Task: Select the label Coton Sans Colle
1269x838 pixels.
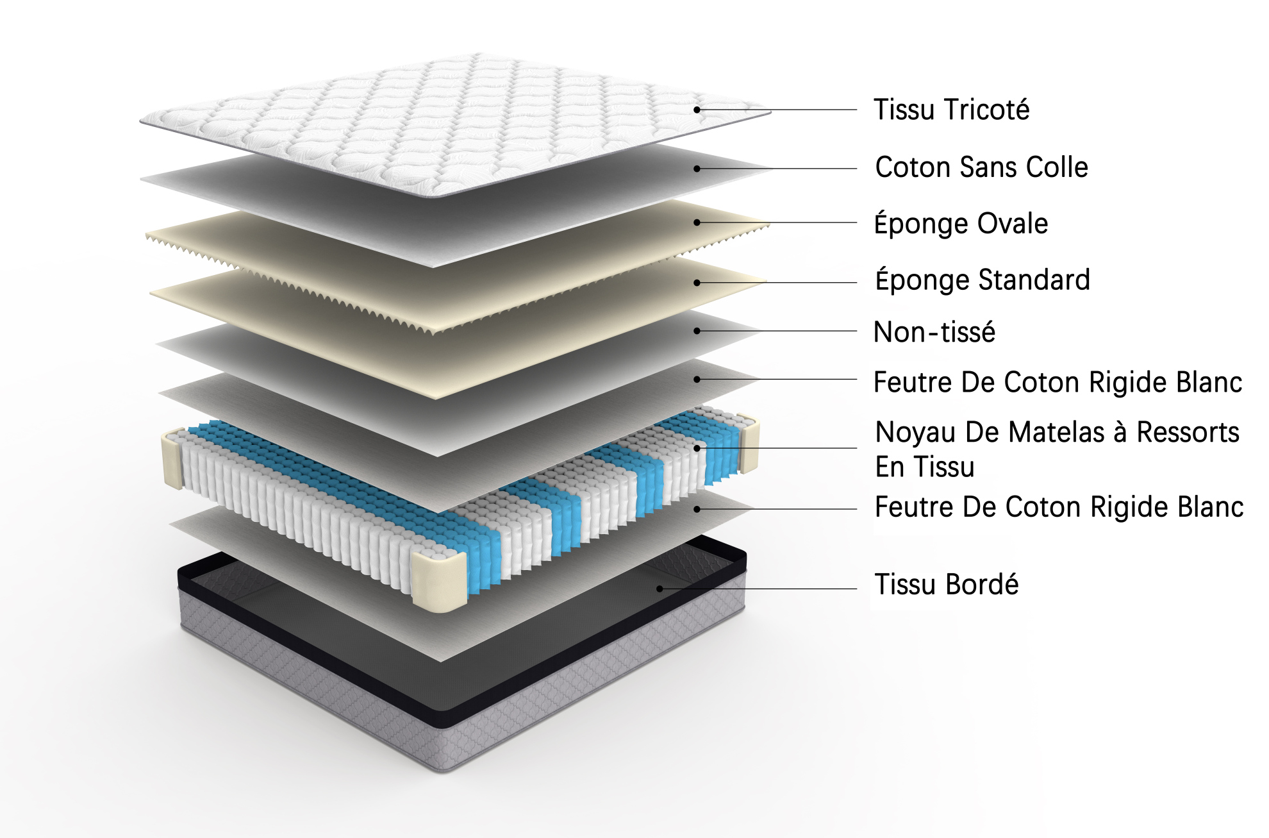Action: coord(982,167)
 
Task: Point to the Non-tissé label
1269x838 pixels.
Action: coord(934,332)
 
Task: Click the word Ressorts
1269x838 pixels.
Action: coord(1188,432)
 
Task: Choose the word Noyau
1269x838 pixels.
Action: coord(916,433)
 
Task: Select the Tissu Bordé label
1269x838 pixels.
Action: coord(947,584)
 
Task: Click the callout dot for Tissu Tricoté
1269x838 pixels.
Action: coord(697,110)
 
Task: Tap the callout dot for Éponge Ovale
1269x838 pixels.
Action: coord(697,222)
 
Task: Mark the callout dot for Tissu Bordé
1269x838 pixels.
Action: coord(659,589)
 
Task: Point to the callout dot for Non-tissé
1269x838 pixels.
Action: coord(697,331)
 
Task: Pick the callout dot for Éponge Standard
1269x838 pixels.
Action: coord(697,282)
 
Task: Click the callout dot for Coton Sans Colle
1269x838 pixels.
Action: coord(697,169)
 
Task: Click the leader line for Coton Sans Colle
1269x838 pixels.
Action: coord(777,169)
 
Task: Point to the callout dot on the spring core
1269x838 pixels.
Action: coord(697,448)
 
